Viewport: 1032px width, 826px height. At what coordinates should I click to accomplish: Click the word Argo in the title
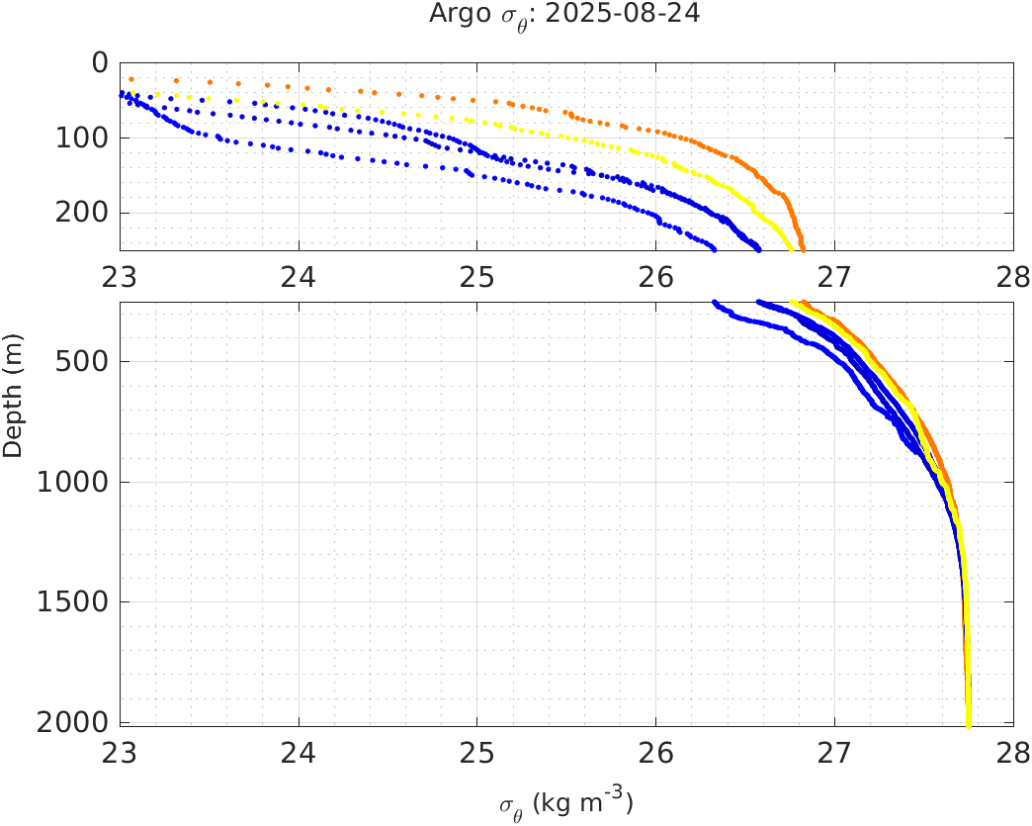[454, 15]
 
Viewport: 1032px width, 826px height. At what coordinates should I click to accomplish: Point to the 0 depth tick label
[99, 62]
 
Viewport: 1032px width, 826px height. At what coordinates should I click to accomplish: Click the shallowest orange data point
[131, 79]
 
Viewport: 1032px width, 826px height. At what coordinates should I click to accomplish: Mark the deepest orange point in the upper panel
[803, 248]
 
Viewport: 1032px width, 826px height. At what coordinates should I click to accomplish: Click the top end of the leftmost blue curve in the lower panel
[714, 303]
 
